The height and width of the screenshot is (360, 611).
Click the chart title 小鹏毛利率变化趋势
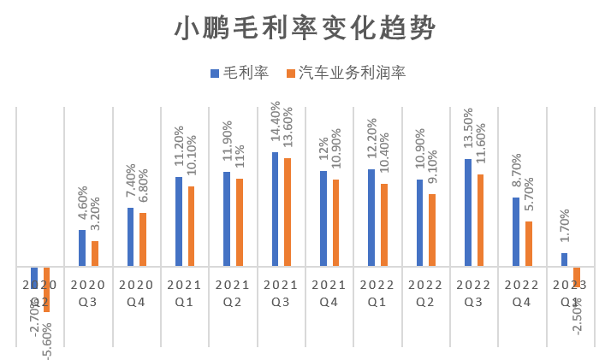tap(305, 29)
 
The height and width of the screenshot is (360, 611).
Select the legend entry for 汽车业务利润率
tap(351, 74)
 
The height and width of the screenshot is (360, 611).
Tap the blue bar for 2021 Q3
tap(275, 210)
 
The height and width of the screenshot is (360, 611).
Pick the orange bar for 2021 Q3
tap(288, 212)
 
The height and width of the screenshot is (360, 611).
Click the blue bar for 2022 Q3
tap(467, 212)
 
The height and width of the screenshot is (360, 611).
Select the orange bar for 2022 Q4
tap(529, 244)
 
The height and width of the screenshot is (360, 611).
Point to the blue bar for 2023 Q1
tap(564, 259)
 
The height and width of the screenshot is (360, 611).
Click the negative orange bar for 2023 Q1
tap(577, 276)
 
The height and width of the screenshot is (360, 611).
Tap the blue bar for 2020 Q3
tap(82, 248)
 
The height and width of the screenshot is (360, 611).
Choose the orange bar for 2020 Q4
tap(143, 239)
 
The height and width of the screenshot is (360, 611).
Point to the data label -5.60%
tap(46, 337)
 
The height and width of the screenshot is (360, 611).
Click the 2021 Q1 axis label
tap(184, 293)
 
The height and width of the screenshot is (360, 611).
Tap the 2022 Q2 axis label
tap(425, 293)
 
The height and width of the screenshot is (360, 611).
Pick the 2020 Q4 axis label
tap(136, 293)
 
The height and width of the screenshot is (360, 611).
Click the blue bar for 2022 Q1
tap(371, 217)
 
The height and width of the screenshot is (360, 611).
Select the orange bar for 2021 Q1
tap(191, 226)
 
